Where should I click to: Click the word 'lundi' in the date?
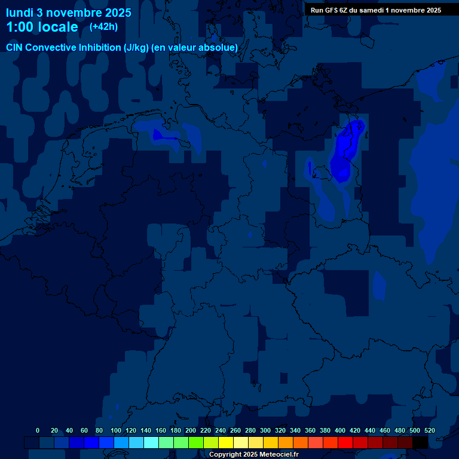(20, 12)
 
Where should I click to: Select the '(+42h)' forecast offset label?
(103, 27)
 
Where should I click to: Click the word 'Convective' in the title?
(51, 48)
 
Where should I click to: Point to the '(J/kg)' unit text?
(136, 48)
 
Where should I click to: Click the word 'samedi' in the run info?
(380, 10)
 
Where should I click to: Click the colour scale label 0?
(38, 430)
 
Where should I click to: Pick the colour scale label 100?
(116, 430)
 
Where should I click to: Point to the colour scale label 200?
(191, 430)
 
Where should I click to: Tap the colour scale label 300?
(265, 430)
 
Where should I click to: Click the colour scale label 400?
(340, 430)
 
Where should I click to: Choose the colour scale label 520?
(429, 430)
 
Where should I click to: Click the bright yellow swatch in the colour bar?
(226, 443)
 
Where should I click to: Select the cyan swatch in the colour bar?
(151, 443)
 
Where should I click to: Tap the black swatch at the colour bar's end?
(420, 443)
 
